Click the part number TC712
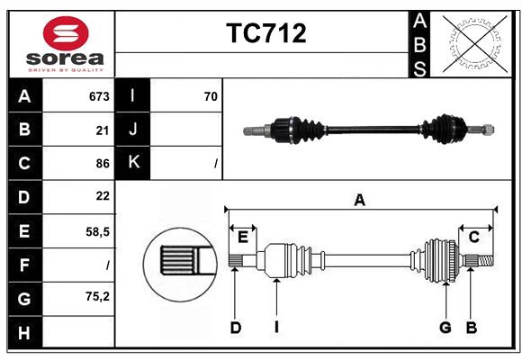[265, 33]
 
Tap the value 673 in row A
[99, 95]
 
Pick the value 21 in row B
[103, 130]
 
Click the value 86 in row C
[103, 163]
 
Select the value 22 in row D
[103, 196]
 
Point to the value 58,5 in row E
[97, 230]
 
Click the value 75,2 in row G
[97, 296]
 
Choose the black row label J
[133, 129]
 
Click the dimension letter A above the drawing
[359, 200]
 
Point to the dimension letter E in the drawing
[242, 237]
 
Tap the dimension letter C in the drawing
[472, 237]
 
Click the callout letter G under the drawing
[445, 328]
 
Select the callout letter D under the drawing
[235, 328]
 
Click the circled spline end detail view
[178, 262]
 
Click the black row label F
[24, 265]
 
